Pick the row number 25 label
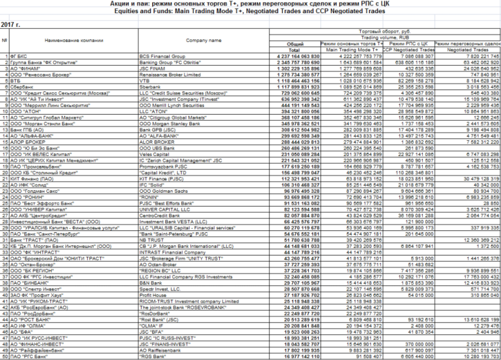coord(5,202)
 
